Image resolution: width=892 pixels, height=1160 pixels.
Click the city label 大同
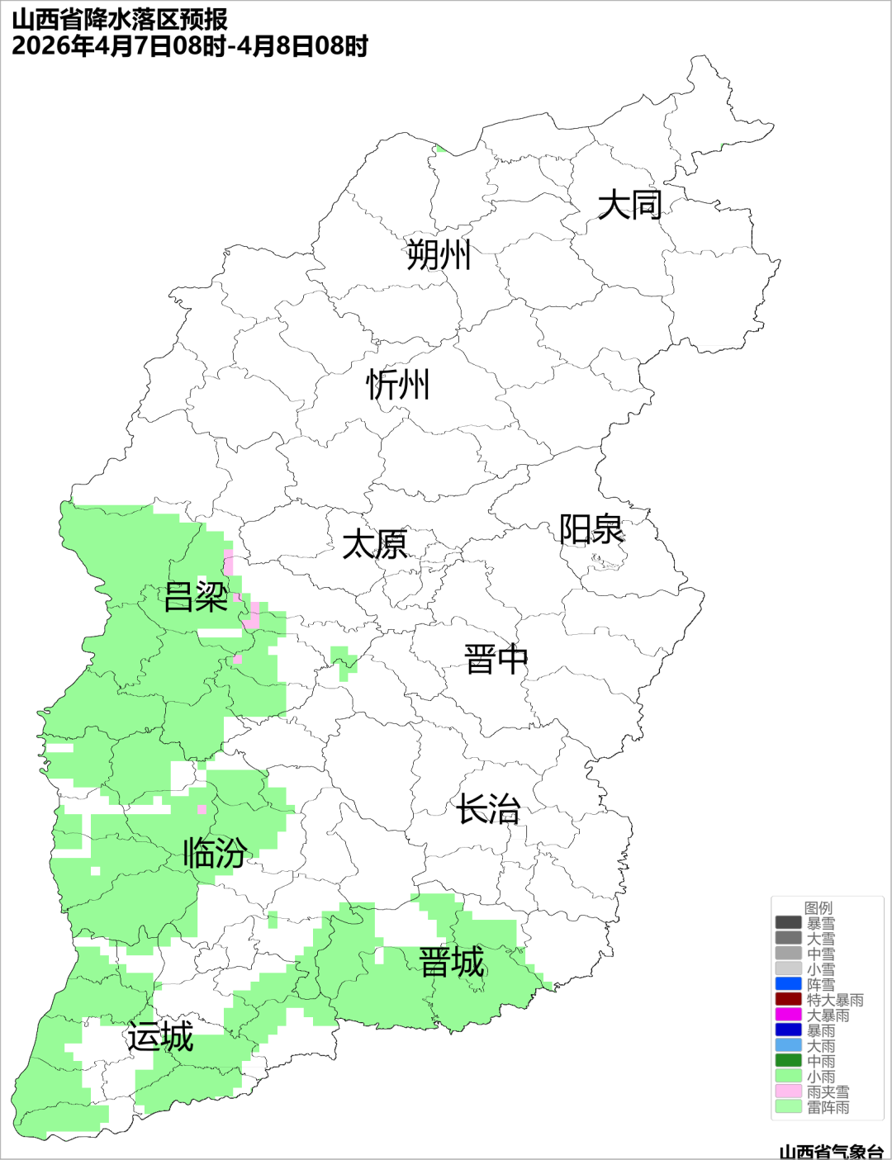629,205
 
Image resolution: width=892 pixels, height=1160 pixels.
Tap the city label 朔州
439,254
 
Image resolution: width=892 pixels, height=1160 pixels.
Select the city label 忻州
398,385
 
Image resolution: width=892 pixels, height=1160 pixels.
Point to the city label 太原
375,545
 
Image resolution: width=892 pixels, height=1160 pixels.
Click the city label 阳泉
591,529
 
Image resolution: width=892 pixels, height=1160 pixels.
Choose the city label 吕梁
196,596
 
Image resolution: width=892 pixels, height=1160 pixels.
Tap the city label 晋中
496,660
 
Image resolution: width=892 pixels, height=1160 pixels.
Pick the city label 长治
488,809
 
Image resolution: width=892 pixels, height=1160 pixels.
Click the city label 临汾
215,852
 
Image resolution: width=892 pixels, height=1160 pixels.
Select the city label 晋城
452,963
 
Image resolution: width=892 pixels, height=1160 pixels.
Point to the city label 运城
160,1037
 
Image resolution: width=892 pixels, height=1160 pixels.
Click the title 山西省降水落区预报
120,20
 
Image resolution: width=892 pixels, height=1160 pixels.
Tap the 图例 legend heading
818,907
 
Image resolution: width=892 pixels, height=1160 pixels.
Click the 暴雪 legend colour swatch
788,923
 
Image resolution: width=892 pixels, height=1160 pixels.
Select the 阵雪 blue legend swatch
788,984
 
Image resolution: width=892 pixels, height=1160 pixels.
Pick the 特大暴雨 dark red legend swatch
788,1000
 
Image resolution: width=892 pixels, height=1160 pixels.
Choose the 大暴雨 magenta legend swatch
788,1015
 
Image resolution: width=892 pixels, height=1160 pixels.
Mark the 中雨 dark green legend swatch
788,1061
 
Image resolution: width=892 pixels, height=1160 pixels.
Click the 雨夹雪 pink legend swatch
788,1091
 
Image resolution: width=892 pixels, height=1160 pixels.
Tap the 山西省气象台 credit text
831,1152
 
